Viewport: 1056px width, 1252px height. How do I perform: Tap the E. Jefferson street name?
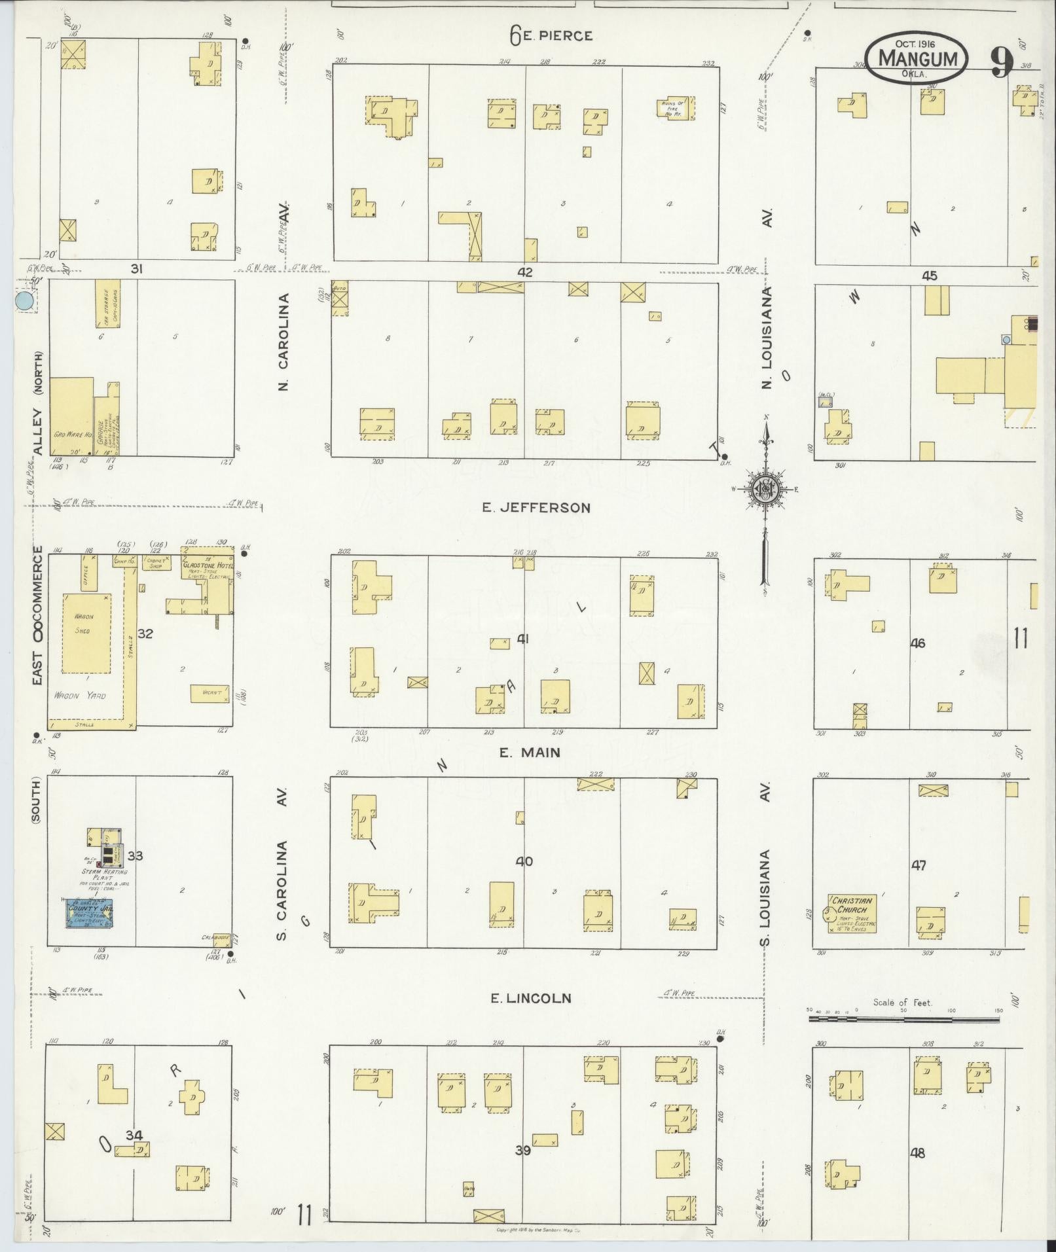[x=536, y=507]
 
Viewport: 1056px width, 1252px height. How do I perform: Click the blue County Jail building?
[x=90, y=913]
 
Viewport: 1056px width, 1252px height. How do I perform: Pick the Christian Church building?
[x=852, y=914]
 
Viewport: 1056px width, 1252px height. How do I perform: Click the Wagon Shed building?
[x=86, y=633]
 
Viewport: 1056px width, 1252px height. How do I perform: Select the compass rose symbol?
[x=765, y=490]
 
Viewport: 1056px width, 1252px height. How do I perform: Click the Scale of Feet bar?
[x=904, y=1019]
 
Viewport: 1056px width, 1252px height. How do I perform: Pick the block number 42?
[x=525, y=272]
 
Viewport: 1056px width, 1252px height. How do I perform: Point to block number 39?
[x=522, y=1168]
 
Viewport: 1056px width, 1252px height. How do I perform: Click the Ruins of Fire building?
[x=675, y=108]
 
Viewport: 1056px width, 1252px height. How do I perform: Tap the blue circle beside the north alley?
[x=25, y=301]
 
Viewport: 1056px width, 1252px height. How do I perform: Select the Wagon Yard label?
[x=81, y=696]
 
